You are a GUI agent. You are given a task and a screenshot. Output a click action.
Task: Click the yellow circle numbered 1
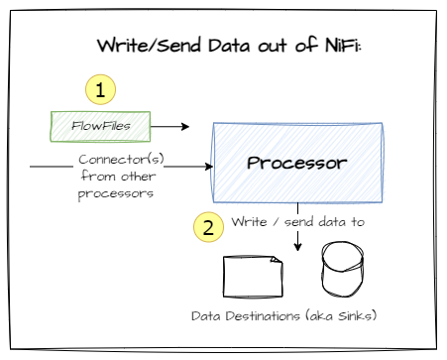tap(100, 90)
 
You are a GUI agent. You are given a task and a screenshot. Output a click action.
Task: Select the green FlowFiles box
tap(100, 126)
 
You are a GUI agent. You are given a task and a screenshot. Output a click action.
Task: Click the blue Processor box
tap(296, 162)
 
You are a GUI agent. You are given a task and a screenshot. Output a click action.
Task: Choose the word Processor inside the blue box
tap(296, 162)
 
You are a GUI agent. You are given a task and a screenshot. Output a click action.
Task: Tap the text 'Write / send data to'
tap(298, 221)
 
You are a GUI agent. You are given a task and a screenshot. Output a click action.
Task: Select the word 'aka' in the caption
tap(318, 316)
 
